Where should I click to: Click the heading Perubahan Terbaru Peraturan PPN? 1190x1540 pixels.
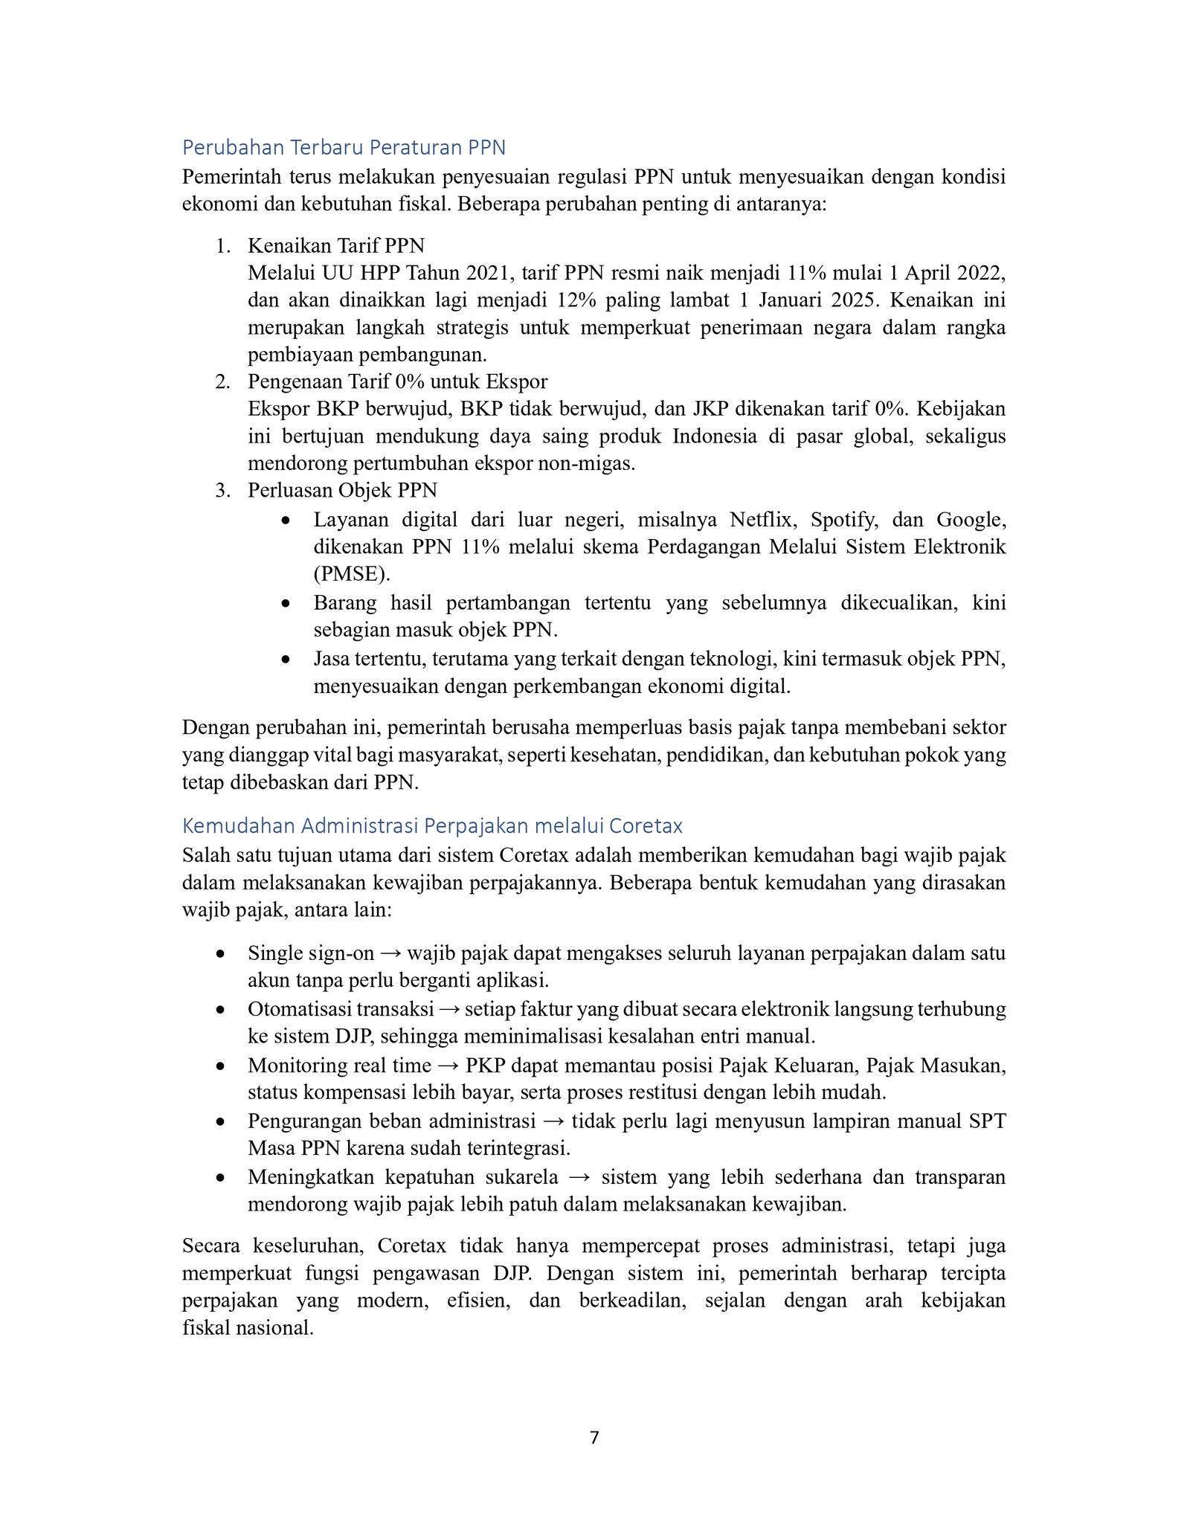tap(344, 148)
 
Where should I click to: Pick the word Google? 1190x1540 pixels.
tap(971, 519)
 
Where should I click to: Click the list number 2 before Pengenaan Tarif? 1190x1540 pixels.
tap(222, 382)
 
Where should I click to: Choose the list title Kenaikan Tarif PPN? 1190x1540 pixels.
tap(336, 245)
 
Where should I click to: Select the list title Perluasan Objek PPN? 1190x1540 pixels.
tap(342, 491)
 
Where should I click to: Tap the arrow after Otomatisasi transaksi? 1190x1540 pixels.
tap(449, 1010)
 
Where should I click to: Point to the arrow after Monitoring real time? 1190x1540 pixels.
tap(448, 1066)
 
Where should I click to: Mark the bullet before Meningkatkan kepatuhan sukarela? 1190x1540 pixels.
tap(220, 1179)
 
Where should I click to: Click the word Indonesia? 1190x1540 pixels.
tap(714, 436)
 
